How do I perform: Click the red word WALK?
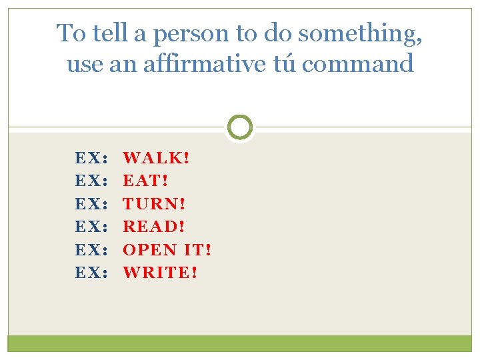click(157, 158)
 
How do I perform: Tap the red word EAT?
click(146, 181)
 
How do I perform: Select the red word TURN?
click(155, 203)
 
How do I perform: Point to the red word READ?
click(154, 227)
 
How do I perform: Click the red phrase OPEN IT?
click(167, 249)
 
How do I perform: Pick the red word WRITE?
click(161, 272)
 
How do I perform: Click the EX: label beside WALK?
click(91, 158)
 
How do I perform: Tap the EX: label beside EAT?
click(91, 181)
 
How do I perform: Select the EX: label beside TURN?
click(91, 203)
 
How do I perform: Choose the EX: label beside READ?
click(91, 227)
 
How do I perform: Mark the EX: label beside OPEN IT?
click(91, 249)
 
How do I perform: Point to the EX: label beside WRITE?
click(91, 272)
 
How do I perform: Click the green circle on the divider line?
click(240, 127)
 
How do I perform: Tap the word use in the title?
click(83, 65)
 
